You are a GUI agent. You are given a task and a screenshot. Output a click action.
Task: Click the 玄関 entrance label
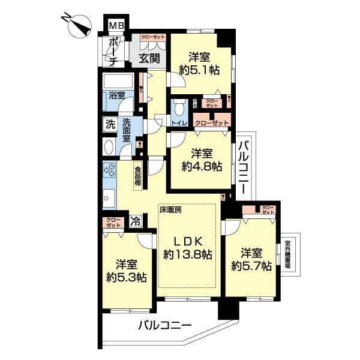[x=149, y=59]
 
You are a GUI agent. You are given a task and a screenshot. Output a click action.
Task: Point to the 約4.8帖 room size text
[x=200, y=166]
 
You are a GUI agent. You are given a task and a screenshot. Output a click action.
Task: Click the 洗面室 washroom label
[x=127, y=130]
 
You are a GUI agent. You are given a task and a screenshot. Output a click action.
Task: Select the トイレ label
[x=180, y=123]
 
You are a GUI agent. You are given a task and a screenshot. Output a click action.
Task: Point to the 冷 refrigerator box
[x=136, y=220]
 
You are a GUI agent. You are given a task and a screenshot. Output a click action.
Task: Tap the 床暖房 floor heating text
[x=170, y=210]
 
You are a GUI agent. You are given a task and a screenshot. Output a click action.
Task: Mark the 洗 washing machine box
[x=110, y=125]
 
